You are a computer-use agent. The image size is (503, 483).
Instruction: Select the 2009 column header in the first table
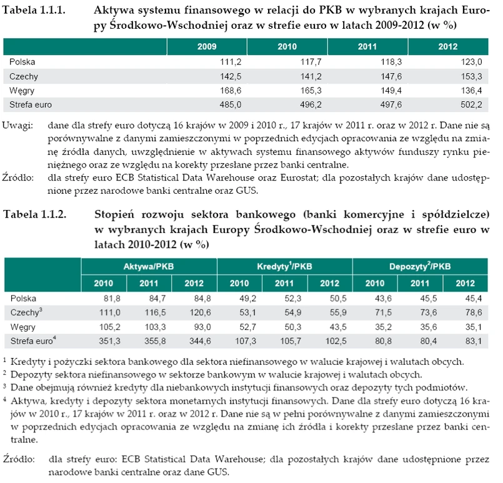click(207, 47)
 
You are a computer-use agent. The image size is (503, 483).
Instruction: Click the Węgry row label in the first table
click(22, 91)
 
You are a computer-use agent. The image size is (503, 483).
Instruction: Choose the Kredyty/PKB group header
click(285, 267)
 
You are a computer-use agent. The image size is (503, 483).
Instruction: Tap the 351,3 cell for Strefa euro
click(110, 341)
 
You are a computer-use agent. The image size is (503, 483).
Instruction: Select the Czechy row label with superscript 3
click(25, 312)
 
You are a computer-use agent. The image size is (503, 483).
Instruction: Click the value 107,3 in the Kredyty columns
click(246, 341)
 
